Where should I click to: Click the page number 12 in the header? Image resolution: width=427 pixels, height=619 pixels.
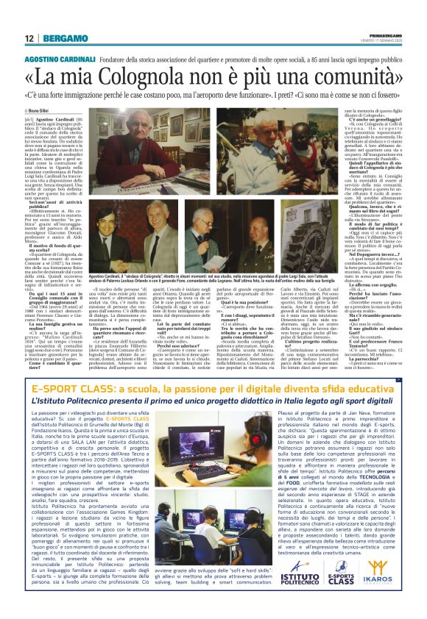pos(28,37)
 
